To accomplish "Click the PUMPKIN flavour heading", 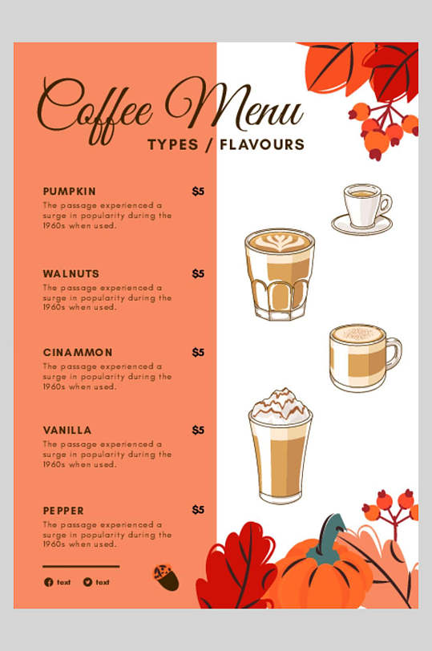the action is (69, 192).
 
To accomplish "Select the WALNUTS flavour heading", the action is (71, 273).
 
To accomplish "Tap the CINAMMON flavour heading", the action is (78, 353).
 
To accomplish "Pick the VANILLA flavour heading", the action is (67, 430).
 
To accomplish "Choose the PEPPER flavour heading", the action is (63, 511).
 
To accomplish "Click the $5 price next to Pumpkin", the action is (198, 192).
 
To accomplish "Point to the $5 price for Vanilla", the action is (198, 430).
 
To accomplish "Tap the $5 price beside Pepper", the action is (198, 510).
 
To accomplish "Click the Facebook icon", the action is (49, 582).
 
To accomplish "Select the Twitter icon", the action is (87, 582).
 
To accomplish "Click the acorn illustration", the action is (166, 577).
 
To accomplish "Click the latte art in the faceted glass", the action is (279, 241).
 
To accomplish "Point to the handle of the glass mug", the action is (394, 353).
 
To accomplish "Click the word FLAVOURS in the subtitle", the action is (262, 145).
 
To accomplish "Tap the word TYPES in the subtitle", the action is (173, 145).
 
